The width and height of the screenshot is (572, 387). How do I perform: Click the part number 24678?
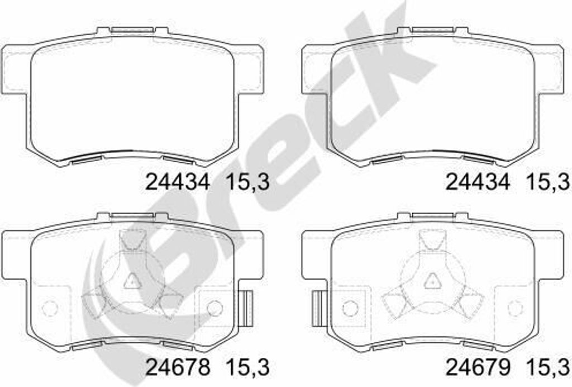coord(178,367)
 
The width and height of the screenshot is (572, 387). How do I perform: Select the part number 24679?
coord(478,367)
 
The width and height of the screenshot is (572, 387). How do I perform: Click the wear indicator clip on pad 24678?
coord(247,308)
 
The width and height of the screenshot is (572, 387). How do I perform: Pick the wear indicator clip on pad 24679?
coord(318,308)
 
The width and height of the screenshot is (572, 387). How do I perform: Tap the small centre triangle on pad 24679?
coord(432,280)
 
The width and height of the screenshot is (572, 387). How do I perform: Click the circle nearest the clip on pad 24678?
coord(214,308)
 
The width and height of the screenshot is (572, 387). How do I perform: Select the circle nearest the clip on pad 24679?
coord(351,308)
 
